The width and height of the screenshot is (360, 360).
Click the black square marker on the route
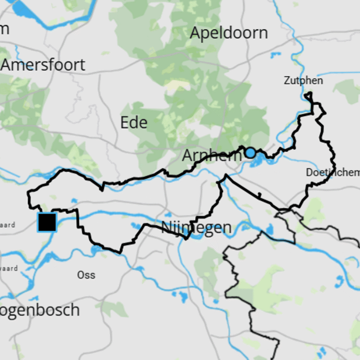pyautogui.click(x=47, y=222)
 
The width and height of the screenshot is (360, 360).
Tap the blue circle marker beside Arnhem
pyautogui.click(x=250, y=153)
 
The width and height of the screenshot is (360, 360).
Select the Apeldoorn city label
pyautogui.click(x=229, y=33)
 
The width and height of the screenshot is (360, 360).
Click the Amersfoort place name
pyautogui.click(x=43, y=65)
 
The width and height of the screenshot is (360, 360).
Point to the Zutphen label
pyautogui.click(x=303, y=81)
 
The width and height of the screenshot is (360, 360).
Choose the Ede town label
pyautogui.click(x=134, y=122)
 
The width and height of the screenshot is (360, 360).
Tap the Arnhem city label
pyautogui.click(x=211, y=156)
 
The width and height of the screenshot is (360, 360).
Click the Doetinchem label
pyautogui.click(x=333, y=172)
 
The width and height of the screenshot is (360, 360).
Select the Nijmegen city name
pyautogui.click(x=197, y=228)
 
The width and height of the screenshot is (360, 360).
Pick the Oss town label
pyautogui.click(x=86, y=274)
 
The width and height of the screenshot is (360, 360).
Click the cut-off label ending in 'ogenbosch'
pyautogui.click(x=40, y=310)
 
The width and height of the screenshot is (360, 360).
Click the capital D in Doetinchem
pyautogui.click(x=309, y=172)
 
